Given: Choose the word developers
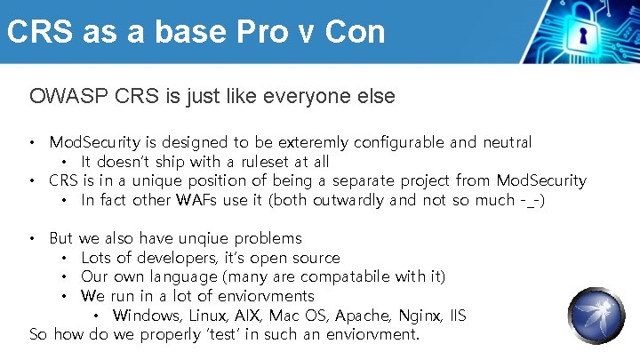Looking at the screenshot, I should tap(169, 258).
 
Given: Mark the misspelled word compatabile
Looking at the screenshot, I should tap(333, 276).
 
